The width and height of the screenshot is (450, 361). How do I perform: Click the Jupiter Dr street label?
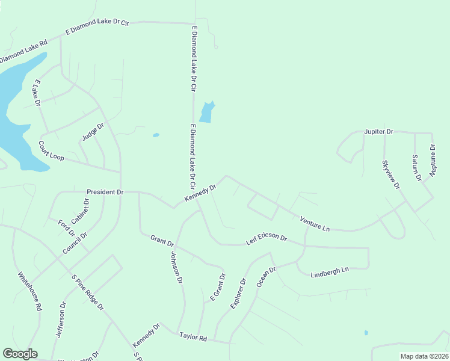(378, 131)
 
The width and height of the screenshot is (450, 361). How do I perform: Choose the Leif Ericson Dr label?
(267, 239)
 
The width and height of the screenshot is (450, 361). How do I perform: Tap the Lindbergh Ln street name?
(330, 272)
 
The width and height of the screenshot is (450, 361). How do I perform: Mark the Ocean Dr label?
(266, 277)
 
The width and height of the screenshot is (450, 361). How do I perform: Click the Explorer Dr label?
(238, 294)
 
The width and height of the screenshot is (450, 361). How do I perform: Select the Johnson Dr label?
(176, 268)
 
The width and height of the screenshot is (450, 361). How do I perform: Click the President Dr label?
(105, 192)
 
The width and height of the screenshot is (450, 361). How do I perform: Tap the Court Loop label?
(51, 150)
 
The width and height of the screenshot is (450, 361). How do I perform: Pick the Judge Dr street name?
(93, 132)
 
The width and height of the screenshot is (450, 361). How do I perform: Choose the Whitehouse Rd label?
(29, 291)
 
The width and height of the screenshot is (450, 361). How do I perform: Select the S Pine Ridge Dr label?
(88, 294)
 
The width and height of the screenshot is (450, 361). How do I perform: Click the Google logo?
(20, 354)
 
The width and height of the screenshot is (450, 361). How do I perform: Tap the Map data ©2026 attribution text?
(424, 356)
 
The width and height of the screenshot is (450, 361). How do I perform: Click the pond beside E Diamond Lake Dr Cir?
(206, 112)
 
